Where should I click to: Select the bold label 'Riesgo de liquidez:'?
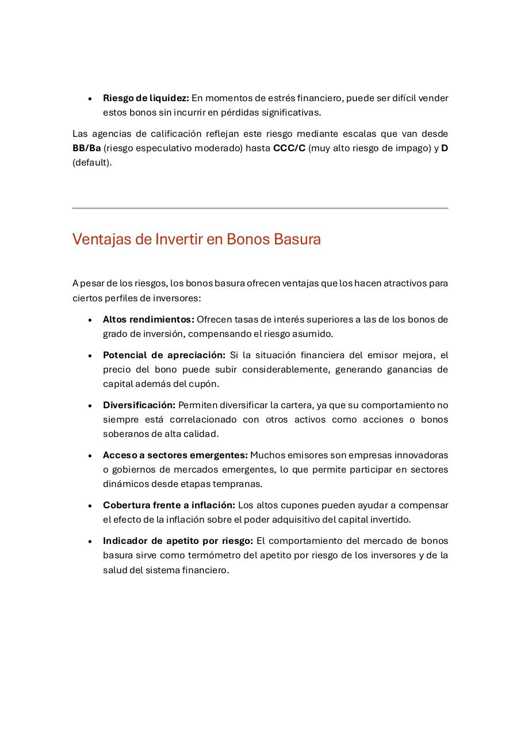coord(145,98)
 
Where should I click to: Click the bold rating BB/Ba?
coord(86,148)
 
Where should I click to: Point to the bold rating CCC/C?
coord(289,148)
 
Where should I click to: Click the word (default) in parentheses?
coord(91,163)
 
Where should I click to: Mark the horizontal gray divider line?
coord(260,208)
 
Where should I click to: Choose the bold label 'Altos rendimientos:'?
coord(148,320)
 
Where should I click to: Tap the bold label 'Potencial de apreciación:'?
coord(164,355)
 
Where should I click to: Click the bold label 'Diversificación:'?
coord(139,405)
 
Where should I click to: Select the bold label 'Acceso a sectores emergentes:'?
coord(175,455)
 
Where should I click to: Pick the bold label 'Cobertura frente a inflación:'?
coord(168,505)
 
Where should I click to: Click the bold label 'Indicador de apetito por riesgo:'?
coord(178,541)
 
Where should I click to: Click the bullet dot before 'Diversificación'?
coord(90,406)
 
